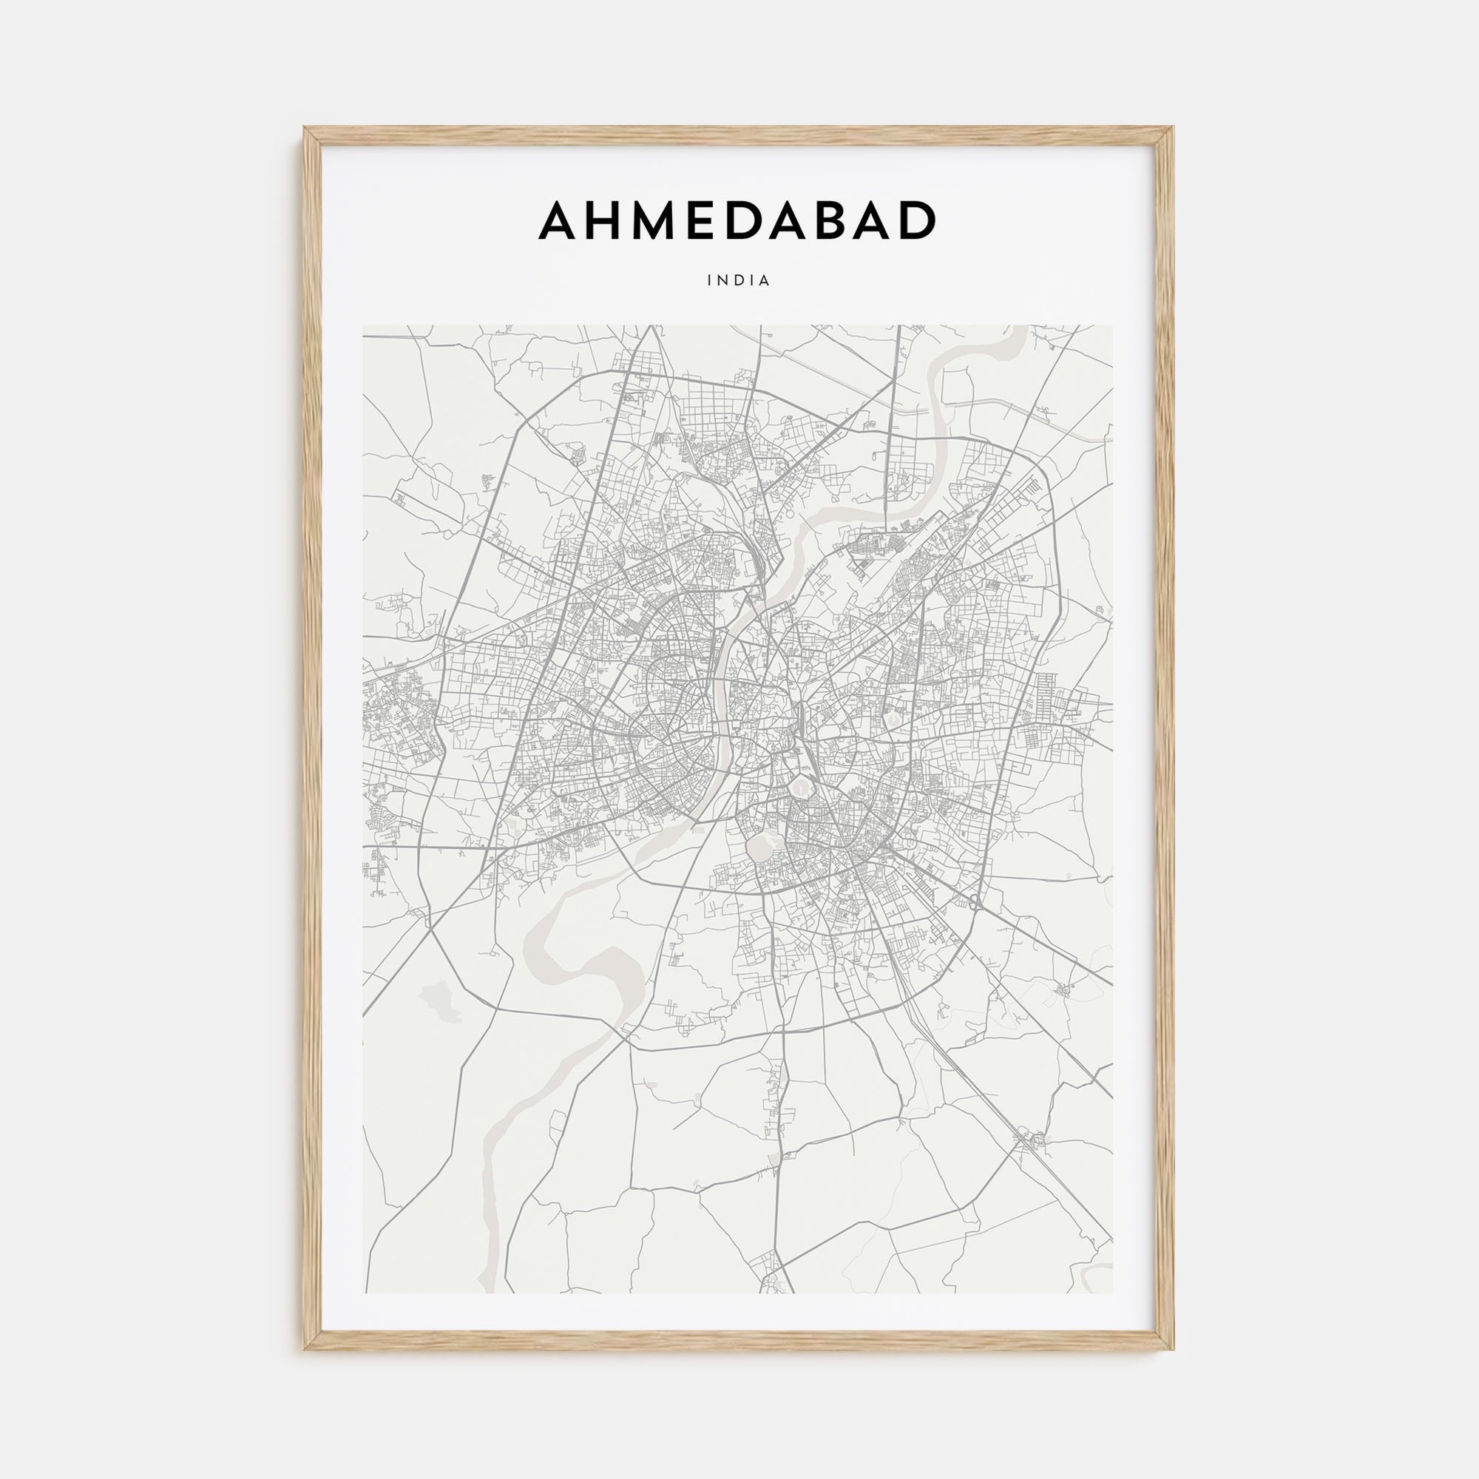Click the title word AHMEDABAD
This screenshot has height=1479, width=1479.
pyautogui.click(x=738, y=221)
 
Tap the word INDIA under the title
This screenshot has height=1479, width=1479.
pyautogui.click(x=739, y=281)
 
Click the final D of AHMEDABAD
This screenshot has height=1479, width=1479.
pyautogui.click(x=918, y=221)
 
